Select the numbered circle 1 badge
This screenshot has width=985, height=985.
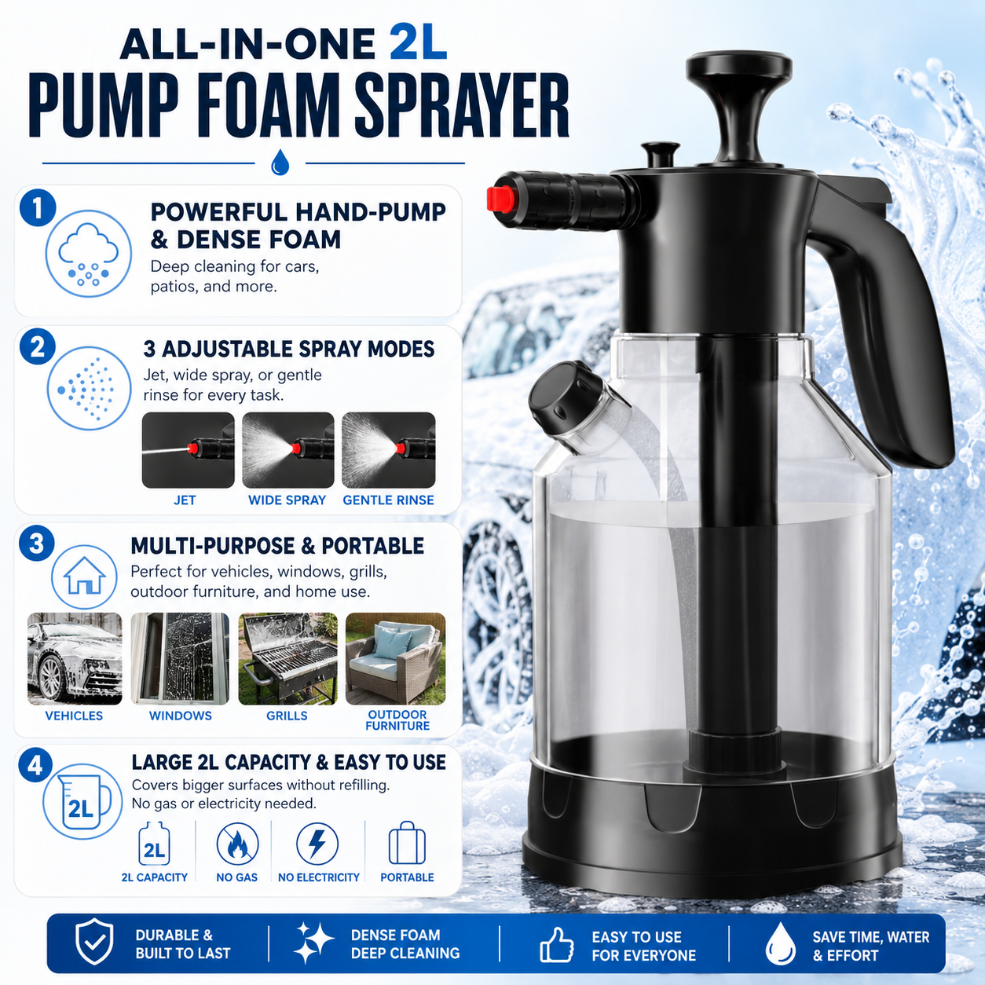point(38,208)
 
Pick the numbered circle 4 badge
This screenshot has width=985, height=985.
point(35,766)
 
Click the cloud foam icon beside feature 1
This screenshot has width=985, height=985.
point(89,254)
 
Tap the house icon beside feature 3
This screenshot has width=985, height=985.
point(84,576)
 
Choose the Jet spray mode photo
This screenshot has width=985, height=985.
point(188,450)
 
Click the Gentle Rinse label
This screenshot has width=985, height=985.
point(388,500)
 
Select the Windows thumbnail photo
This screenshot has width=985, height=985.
point(180,658)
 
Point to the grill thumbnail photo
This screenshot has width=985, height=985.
point(287,658)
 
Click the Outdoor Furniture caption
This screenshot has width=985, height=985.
point(397,720)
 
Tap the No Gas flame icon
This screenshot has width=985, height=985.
point(237,844)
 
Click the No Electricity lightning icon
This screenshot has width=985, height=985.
point(317,844)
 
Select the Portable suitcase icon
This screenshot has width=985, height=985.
point(407,843)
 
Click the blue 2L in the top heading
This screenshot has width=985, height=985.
point(418,43)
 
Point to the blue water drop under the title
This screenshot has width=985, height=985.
point(280,162)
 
